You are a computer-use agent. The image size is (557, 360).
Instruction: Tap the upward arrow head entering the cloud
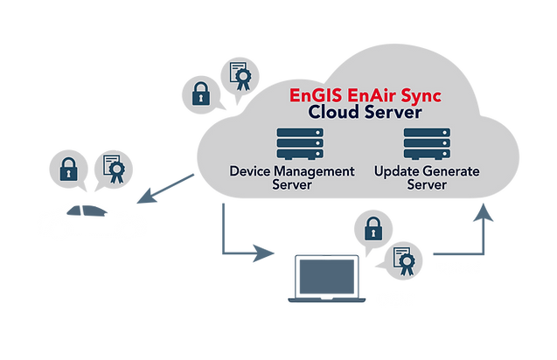pos(483,212)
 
